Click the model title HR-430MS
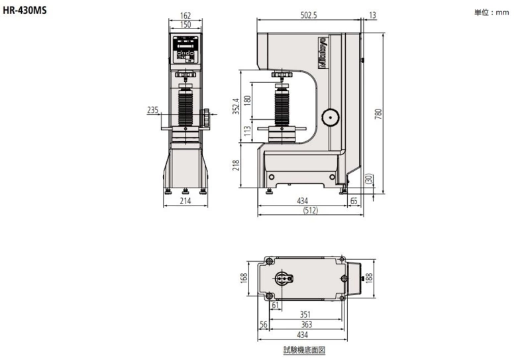[25, 10]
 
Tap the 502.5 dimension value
[309, 15]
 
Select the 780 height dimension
[378, 113]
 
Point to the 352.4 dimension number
[236, 106]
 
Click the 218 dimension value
[236, 165]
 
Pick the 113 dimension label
[247, 131]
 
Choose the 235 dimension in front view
[153, 110]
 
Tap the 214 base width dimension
[185, 201]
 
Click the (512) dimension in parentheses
[310, 210]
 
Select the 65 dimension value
[354, 201]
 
